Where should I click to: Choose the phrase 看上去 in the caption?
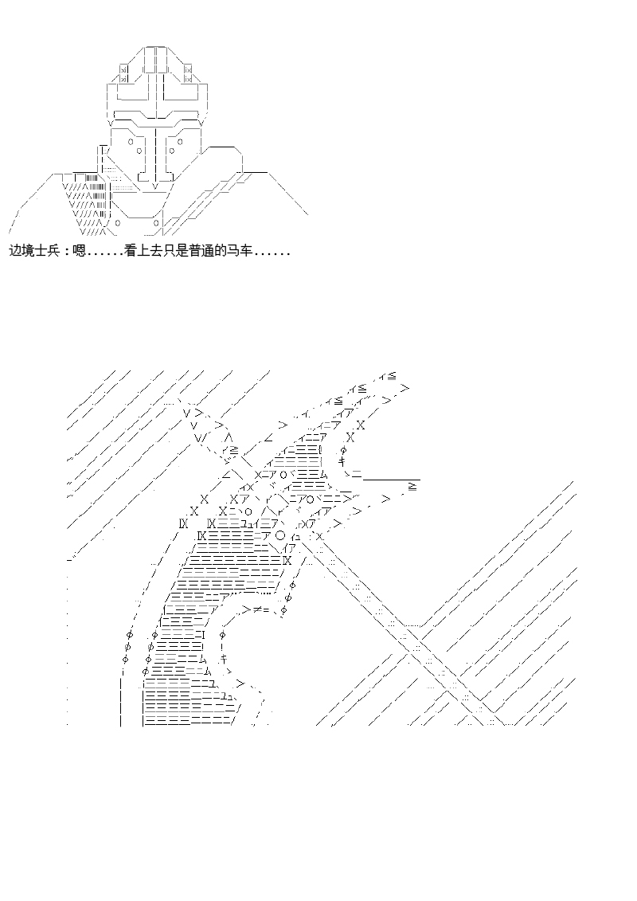(144, 251)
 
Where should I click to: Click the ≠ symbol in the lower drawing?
(259, 610)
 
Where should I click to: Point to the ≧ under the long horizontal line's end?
(412, 485)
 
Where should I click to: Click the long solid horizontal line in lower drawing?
(390, 479)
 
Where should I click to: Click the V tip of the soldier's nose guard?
(154, 187)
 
